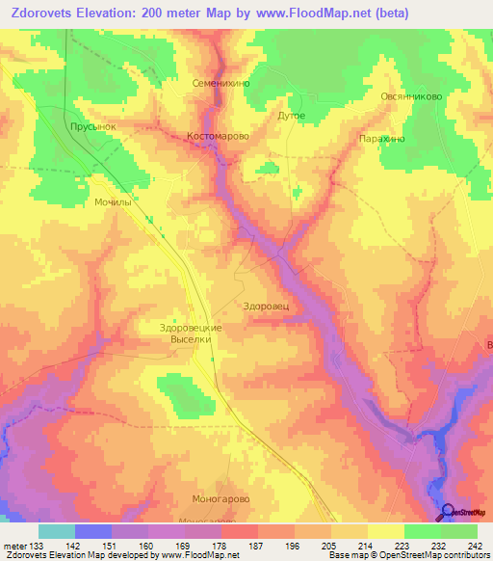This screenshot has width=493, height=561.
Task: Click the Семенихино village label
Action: click(221, 84)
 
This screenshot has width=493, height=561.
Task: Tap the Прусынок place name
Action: click(93, 126)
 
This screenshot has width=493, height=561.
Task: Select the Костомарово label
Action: click(218, 137)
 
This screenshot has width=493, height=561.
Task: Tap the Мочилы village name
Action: click(113, 202)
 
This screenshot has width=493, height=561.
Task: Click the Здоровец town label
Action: click(267, 306)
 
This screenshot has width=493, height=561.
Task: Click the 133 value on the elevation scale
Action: click(33, 547)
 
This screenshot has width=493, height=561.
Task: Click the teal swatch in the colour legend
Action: click(57, 531)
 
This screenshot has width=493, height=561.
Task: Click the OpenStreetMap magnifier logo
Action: click(448, 513)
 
